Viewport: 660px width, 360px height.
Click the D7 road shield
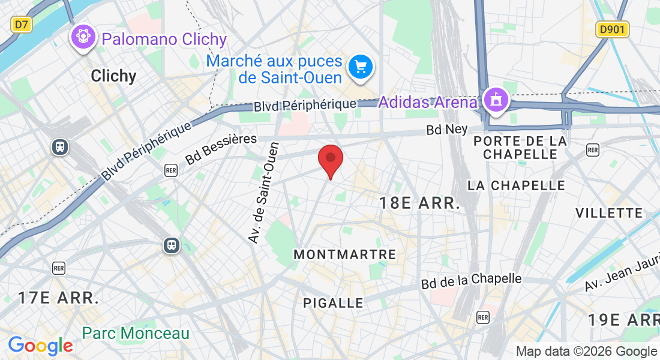(22, 24)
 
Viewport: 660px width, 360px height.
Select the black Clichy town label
(113, 76)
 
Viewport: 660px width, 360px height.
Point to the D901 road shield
(613, 29)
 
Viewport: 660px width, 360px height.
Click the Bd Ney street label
(446, 129)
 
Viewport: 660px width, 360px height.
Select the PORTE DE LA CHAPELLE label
(520, 148)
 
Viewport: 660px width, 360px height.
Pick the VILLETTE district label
(609, 213)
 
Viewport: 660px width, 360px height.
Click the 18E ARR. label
(419, 203)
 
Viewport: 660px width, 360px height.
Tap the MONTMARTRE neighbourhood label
(344, 255)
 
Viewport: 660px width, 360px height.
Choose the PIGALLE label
(333, 303)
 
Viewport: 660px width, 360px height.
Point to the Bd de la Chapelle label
(471, 280)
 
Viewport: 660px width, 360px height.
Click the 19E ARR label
(623, 320)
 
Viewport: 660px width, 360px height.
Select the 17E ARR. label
(58, 298)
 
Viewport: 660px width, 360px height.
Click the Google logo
(40, 346)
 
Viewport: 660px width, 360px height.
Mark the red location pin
(329, 159)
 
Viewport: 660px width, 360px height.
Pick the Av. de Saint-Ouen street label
(264, 193)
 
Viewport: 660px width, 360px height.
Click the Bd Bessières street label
(221, 149)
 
